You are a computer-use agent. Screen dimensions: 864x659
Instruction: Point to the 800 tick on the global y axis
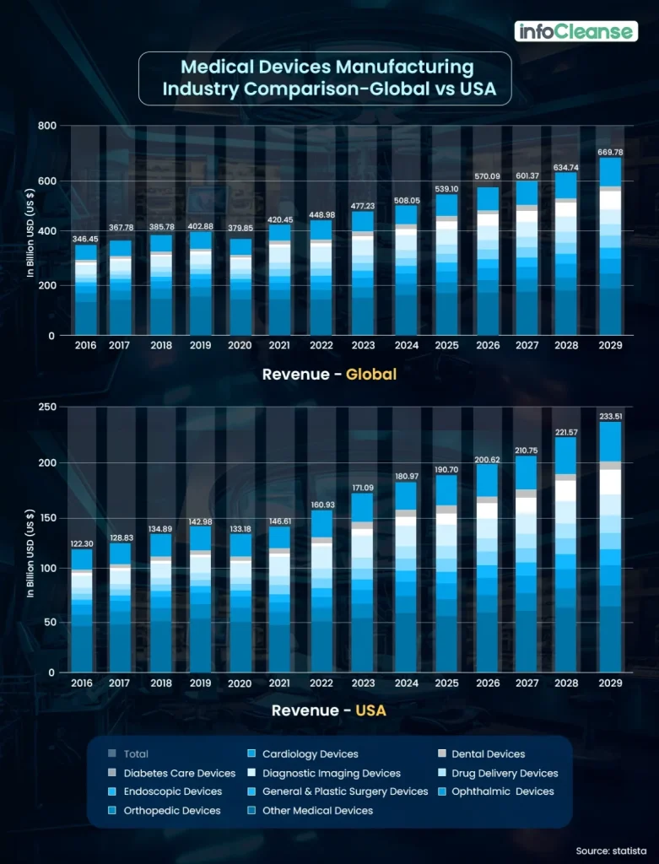[46, 126]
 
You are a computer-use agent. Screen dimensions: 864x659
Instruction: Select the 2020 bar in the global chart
[242, 287]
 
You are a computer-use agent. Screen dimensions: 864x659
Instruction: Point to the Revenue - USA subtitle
[329, 710]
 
